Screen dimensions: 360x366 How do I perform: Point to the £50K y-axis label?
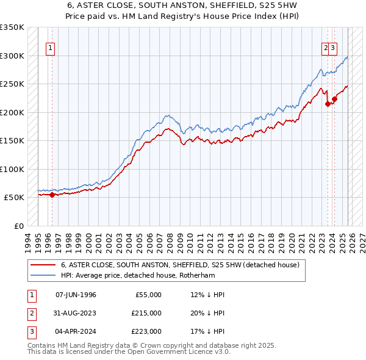13,198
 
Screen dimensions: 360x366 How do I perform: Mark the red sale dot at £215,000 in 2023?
328,104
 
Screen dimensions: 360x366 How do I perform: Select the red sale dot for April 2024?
334,99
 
